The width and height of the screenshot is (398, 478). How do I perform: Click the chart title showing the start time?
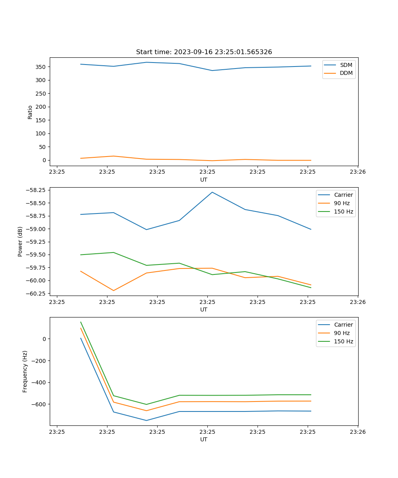click(204, 52)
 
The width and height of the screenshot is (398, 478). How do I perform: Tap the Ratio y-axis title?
click(30, 112)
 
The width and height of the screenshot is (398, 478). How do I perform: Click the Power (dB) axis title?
click(20, 241)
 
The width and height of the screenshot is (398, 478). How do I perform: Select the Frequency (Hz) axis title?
click(25, 371)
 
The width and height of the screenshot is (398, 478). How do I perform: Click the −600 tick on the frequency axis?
click(39, 404)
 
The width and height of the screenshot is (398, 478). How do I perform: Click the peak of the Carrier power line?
click(212, 192)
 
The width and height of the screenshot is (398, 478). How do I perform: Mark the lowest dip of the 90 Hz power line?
click(114, 290)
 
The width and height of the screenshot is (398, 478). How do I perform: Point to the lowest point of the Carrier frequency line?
click(146, 420)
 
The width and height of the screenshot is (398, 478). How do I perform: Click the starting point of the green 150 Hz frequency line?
click(81, 322)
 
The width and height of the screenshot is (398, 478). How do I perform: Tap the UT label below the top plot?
click(204, 180)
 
